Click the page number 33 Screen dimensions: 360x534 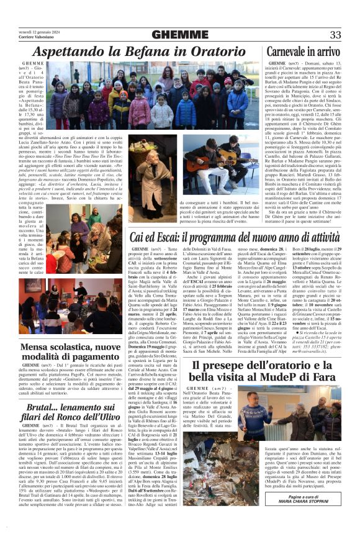(336, 34)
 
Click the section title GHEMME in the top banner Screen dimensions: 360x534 (181, 34)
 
